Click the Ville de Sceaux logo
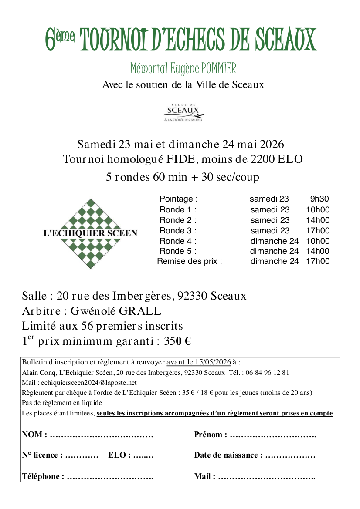(x=180, y=111)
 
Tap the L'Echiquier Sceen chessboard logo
(x=90, y=233)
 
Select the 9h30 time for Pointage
(x=319, y=199)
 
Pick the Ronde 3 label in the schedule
(x=178, y=230)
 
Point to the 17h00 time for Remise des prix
(x=318, y=261)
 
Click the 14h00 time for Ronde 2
(x=318, y=220)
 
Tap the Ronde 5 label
(x=178, y=251)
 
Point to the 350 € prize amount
(x=177, y=341)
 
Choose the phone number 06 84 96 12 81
(x=268, y=373)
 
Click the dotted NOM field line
(x=102, y=435)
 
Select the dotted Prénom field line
(x=273, y=435)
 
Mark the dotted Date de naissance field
(x=290, y=455)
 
